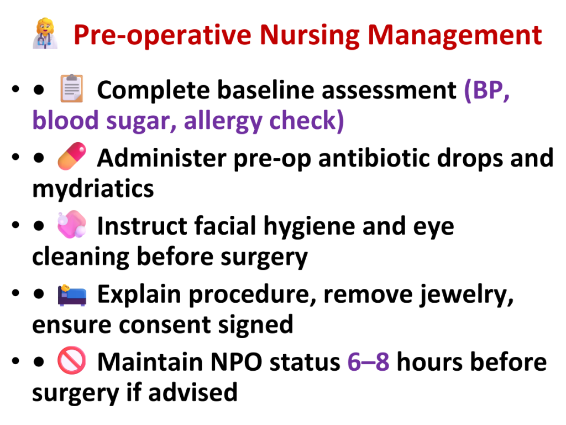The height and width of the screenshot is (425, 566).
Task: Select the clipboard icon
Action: [71, 88]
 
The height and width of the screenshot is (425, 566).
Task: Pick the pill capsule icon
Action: [72, 156]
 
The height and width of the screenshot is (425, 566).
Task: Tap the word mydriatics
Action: [93, 189]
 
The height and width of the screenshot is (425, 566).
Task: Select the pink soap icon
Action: [72, 224]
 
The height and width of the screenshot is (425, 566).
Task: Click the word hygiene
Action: [309, 226]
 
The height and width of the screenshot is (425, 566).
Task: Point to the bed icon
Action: [72, 296]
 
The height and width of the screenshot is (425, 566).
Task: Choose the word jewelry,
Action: [466, 294]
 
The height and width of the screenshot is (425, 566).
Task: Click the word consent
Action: [165, 324]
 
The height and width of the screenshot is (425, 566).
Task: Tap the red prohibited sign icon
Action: [72, 360]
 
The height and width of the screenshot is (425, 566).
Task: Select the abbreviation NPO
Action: [236, 361]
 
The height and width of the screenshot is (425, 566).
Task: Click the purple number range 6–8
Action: [368, 361]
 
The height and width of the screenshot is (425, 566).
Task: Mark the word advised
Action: [193, 392]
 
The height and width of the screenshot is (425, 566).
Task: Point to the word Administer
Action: [161, 158]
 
